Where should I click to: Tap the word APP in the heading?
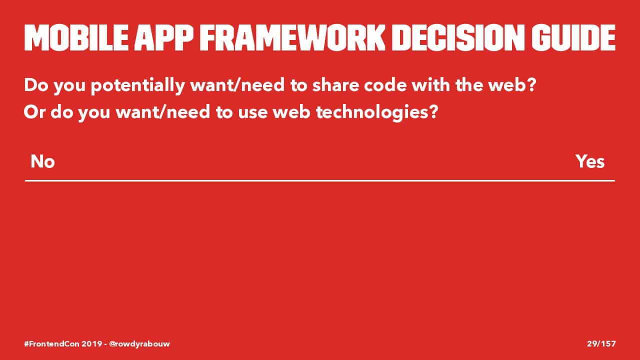tap(164, 37)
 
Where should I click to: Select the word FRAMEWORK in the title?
tap(292, 37)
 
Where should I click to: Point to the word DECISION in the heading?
tap(458, 37)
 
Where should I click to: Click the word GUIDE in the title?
tap(573, 37)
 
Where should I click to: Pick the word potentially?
tap(137, 85)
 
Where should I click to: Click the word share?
tap(335, 85)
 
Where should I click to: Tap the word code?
tap(385, 85)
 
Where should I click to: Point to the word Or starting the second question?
tap(34, 112)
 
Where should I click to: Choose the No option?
tap(42, 161)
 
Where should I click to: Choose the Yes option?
tap(590, 161)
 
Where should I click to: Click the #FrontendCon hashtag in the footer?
tap(51, 343)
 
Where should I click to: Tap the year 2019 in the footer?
tap(92, 343)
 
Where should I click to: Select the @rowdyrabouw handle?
tap(139, 344)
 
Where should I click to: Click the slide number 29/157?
tap(601, 343)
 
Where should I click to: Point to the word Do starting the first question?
tap(36, 85)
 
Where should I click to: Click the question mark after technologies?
tap(433, 112)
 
